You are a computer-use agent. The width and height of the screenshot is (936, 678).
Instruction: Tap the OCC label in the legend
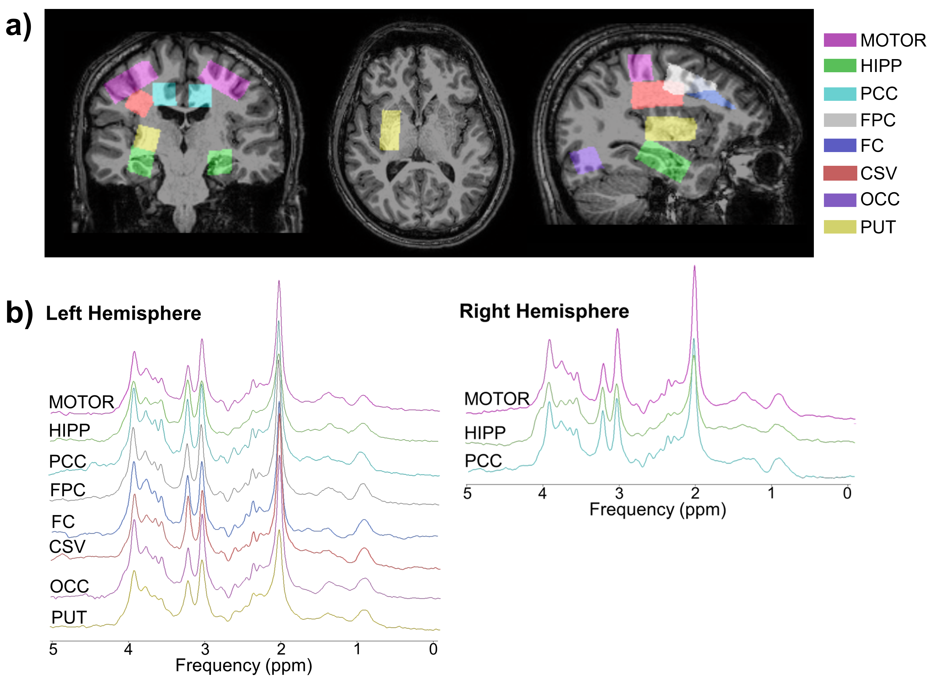[880, 199]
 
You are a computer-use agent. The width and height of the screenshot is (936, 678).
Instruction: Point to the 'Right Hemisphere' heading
[544, 311]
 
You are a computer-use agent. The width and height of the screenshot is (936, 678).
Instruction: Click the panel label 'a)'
[18, 25]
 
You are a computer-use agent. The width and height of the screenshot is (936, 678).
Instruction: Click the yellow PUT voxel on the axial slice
[390, 130]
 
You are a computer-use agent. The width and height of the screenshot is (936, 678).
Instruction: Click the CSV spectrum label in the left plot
[67, 547]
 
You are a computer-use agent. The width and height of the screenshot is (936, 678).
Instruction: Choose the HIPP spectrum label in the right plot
[485, 433]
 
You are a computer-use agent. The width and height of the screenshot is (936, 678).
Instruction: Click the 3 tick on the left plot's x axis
[205, 649]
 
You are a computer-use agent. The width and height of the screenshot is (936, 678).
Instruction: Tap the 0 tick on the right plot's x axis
[847, 493]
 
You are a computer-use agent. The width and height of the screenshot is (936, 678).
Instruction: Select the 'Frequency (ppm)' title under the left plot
[243, 665]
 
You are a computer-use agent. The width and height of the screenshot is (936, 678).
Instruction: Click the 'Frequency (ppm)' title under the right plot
[658, 509]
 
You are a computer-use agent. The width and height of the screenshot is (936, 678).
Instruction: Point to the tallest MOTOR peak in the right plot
[695, 267]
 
